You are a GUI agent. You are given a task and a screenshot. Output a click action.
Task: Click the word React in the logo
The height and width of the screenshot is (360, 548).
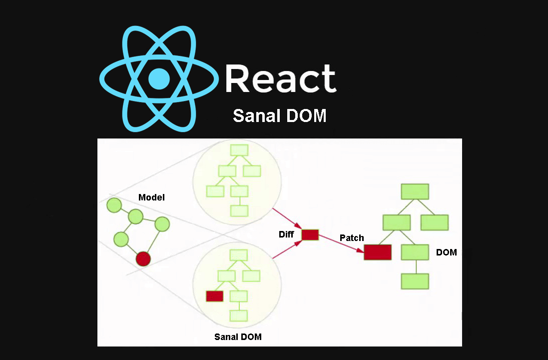click(x=280, y=78)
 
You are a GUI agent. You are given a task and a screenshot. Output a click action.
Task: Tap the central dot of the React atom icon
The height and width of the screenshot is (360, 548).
click(x=159, y=79)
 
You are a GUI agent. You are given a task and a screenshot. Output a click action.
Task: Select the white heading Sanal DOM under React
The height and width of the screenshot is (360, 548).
click(x=279, y=116)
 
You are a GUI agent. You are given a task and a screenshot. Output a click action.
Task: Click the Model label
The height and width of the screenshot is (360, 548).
click(x=151, y=197)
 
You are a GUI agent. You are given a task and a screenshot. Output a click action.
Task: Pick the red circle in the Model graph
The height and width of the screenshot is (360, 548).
click(x=143, y=258)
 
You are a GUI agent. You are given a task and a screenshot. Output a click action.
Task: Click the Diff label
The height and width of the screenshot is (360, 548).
click(x=286, y=234)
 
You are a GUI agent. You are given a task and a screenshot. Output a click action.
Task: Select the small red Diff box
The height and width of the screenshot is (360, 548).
click(x=310, y=234)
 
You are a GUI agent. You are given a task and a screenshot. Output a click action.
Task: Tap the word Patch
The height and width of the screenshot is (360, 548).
click(x=352, y=238)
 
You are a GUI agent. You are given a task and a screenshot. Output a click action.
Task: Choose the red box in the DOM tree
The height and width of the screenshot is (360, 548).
click(x=377, y=252)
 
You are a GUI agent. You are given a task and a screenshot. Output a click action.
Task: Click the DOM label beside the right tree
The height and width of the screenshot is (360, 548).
click(x=446, y=252)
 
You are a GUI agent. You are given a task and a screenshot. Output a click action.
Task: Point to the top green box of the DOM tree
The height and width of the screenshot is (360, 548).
click(x=415, y=191)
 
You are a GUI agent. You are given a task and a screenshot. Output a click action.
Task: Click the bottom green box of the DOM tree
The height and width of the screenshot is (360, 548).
click(x=415, y=281)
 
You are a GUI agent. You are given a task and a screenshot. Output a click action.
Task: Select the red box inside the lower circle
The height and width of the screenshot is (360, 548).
click(x=214, y=296)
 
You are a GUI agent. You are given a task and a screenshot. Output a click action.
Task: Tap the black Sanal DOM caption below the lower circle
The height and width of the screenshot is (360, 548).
click(x=238, y=336)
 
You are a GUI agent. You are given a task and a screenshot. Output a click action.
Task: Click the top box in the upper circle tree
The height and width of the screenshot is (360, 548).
click(x=239, y=149)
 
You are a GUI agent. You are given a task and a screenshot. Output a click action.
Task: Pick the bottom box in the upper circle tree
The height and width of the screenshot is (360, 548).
click(x=239, y=210)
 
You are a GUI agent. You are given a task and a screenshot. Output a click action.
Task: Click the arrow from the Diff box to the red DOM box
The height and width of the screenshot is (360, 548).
click(x=341, y=243)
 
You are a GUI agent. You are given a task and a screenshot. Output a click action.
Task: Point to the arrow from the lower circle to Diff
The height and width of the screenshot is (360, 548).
click(x=288, y=249)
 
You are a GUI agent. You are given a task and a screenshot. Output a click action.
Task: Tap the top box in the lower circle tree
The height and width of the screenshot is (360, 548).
click(x=239, y=255)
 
